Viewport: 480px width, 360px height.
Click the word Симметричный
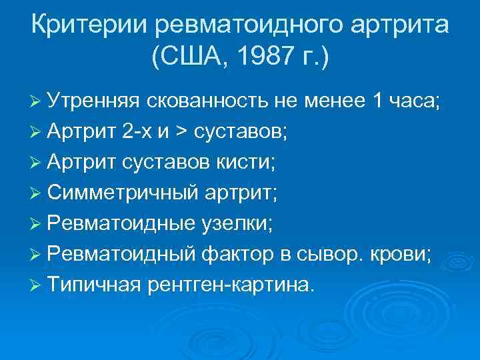point(123,193)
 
